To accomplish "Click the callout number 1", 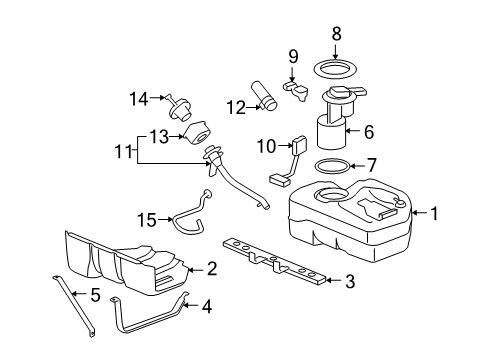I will click(435, 212).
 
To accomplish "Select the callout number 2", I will click(211, 268).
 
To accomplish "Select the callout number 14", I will click(138, 98).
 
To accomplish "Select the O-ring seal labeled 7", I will click(333, 165).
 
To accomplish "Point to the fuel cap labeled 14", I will click(179, 100).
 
